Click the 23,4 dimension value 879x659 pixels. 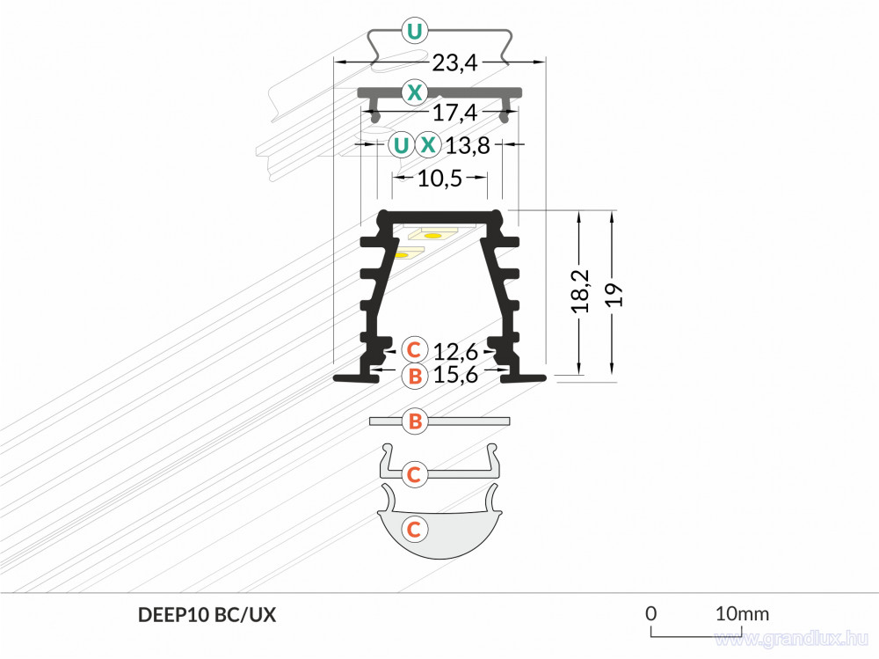(x=454, y=62)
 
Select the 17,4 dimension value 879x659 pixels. (x=454, y=113)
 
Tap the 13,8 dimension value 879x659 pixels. (x=468, y=146)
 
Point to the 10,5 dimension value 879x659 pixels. (x=440, y=179)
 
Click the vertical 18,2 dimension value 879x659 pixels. (x=581, y=290)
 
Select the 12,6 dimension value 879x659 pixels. (x=455, y=352)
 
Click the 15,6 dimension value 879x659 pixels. (x=455, y=375)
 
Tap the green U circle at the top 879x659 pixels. (x=414, y=31)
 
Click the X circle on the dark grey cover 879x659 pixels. (x=414, y=92)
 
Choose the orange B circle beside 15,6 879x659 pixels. (x=415, y=376)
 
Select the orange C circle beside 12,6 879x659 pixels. (x=414, y=349)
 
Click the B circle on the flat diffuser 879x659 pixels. (x=415, y=421)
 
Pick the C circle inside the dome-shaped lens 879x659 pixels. (x=414, y=529)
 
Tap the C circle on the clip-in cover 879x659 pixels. (x=414, y=474)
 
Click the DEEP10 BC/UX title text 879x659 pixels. (x=207, y=615)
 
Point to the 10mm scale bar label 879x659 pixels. (x=742, y=613)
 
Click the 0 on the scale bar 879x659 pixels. (x=650, y=613)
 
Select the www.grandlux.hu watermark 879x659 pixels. (x=792, y=639)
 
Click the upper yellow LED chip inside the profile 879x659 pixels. (x=432, y=236)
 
